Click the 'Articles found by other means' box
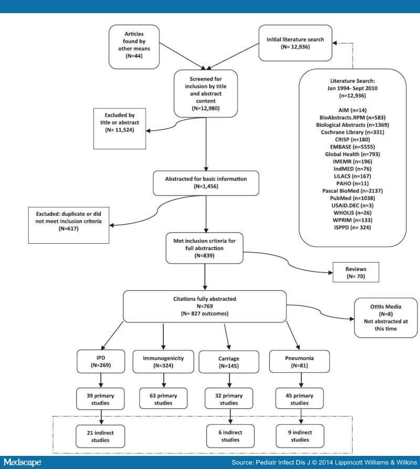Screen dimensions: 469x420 (x=134, y=47)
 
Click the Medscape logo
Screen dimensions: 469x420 (x=23, y=462)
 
